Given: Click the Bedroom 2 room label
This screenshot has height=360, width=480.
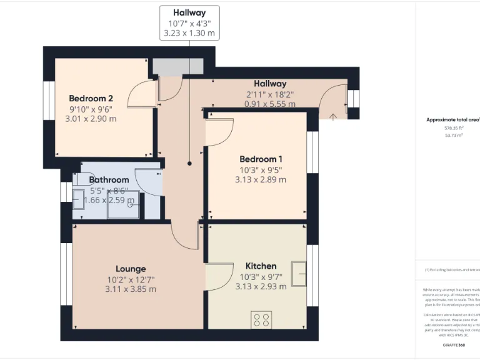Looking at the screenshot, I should [x=91, y=98].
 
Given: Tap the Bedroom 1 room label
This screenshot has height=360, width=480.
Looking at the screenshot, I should [x=261, y=159].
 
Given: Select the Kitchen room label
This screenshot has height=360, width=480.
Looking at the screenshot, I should [x=261, y=266].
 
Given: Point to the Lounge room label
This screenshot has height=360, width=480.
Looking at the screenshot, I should [x=131, y=269].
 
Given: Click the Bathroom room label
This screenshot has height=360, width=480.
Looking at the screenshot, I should [x=109, y=180].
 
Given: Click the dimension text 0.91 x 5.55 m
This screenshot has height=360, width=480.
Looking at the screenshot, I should [x=269, y=104].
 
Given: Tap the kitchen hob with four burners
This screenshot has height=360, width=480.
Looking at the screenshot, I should [x=261, y=320].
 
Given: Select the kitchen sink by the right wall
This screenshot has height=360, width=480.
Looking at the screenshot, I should [x=299, y=274].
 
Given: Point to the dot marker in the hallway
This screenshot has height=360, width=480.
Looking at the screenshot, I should [x=189, y=163].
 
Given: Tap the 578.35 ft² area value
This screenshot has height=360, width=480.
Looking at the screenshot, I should [x=454, y=127].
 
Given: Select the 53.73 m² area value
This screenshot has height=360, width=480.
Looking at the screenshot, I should [x=454, y=134].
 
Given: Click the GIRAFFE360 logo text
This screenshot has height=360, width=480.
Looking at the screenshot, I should [x=454, y=345].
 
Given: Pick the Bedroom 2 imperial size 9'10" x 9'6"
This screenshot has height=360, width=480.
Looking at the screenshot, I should [x=91, y=109].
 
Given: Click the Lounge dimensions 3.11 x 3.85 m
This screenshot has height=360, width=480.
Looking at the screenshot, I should [x=131, y=289].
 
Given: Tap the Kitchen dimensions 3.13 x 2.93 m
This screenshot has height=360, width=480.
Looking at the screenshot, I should [x=261, y=286].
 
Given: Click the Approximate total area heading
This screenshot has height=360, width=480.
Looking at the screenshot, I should [x=452, y=119].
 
